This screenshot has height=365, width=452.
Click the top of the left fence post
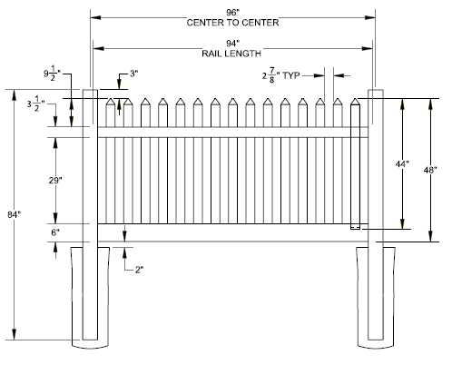point(90,91)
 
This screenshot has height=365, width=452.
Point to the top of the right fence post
point(376,91)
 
